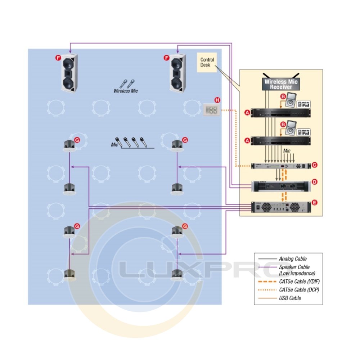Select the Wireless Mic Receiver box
pyautogui.click(x=280, y=84)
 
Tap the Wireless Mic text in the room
pyautogui.click(x=126, y=91)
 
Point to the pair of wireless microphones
pyautogui.click(x=127, y=84)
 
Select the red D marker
pyautogui.click(x=314, y=182)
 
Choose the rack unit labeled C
pyautogui.click(x=280, y=166)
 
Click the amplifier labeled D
pyautogui.click(x=280, y=186)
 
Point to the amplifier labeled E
pyautogui.click(x=280, y=207)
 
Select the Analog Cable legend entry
pyautogui.click(x=293, y=258)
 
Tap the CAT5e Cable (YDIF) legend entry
pyautogui.click(x=296, y=281)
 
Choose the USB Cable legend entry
pyautogui.click(x=290, y=298)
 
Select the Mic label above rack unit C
pyautogui.click(x=287, y=151)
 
